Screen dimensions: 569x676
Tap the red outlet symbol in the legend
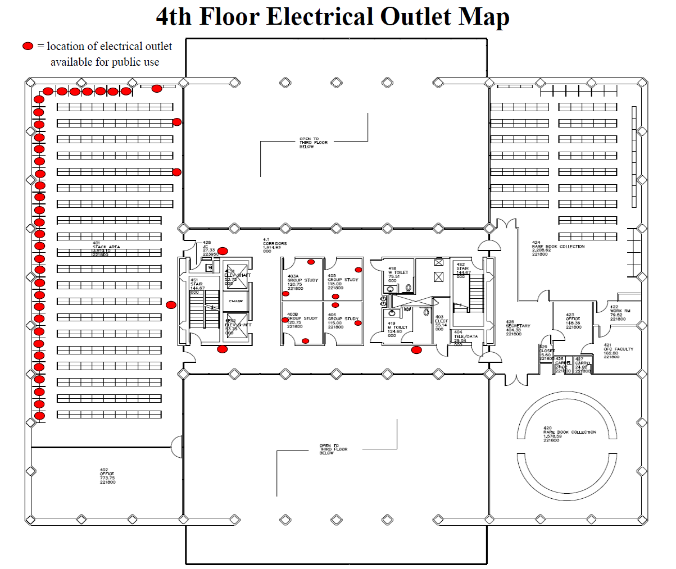coord(28,46)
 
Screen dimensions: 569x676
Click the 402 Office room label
coord(107,476)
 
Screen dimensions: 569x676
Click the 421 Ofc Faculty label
coord(618,350)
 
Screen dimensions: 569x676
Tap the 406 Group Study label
coord(343,319)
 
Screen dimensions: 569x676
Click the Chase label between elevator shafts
coord(236,301)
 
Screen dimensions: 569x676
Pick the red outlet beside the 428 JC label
coord(223,251)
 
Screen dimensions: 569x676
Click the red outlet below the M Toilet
coord(416,350)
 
